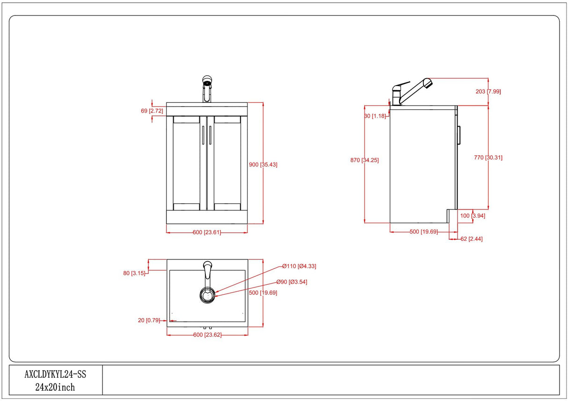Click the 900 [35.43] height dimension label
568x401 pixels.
point(263,165)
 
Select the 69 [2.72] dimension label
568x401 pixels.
point(152,111)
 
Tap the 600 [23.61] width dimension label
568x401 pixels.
point(207,233)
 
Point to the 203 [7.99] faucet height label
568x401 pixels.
point(488,92)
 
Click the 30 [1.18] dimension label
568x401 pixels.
point(375,116)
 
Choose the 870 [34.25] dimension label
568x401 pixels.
point(364,160)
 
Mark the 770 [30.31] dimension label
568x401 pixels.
point(488,158)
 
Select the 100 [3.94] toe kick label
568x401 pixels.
point(473,215)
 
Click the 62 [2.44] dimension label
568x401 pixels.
point(471,239)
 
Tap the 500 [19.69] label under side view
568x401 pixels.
point(423,232)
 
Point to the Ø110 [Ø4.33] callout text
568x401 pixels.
point(299,266)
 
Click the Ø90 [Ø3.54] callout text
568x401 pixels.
point(291,282)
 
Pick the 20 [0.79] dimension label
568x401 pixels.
point(149,320)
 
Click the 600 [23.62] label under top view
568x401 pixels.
point(207,335)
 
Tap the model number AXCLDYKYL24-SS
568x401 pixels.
point(55,374)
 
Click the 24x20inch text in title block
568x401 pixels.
point(55,387)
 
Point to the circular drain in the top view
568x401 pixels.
point(207,294)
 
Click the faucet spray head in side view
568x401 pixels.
point(427,84)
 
